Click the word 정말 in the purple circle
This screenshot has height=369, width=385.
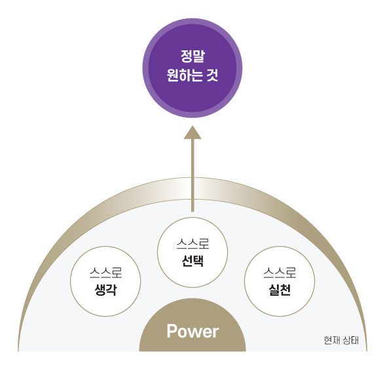point(192,56)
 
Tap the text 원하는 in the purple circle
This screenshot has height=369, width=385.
point(185,75)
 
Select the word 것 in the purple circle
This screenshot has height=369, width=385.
point(212,75)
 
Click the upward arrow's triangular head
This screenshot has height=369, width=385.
point(192,132)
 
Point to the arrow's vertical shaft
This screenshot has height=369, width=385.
point(192,175)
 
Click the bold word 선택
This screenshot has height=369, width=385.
point(192,260)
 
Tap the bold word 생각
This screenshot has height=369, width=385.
point(105,290)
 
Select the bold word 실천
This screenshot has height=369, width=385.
point(280,290)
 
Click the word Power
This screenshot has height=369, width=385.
point(192,331)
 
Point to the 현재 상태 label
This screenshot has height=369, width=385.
point(341,340)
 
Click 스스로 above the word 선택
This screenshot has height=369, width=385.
point(192,243)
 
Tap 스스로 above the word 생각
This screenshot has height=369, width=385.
point(105,273)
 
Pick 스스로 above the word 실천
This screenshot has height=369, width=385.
point(280,273)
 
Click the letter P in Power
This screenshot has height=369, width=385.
point(172,331)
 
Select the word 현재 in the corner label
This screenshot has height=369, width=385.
point(331,340)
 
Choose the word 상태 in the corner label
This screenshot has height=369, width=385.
point(351,340)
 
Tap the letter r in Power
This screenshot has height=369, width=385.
point(215,333)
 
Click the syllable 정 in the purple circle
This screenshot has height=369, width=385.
point(187,56)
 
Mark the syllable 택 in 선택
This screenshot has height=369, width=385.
point(198,260)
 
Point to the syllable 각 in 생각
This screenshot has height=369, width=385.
point(111,290)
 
